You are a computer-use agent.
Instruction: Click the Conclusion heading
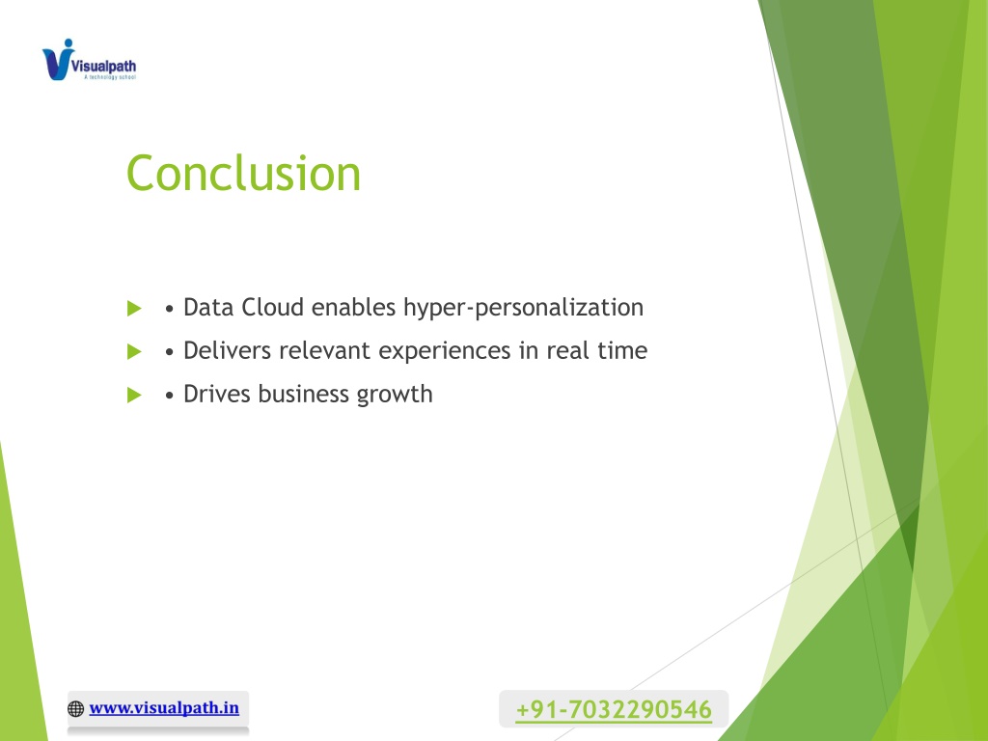pyautogui.click(x=243, y=174)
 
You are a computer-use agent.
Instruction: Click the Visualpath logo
pyautogui.click(x=89, y=60)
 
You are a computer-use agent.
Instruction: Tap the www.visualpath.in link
pyautogui.click(x=164, y=707)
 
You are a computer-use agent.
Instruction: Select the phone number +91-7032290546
pyautogui.click(x=614, y=709)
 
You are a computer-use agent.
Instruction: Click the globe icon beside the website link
pyautogui.click(x=75, y=709)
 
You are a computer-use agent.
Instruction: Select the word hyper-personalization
pyautogui.click(x=524, y=309)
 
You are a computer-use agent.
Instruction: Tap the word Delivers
pyautogui.click(x=227, y=350)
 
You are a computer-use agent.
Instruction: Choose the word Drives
pyautogui.click(x=217, y=394)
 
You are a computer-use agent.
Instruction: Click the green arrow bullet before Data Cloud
pyautogui.click(x=133, y=308)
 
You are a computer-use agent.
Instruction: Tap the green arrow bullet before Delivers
pyautogui.click(x=133, y=351)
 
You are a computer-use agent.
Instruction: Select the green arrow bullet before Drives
pyautogui.click(x=133, y=395)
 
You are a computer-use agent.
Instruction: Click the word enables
pyautogui.click(x=353, y=308)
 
